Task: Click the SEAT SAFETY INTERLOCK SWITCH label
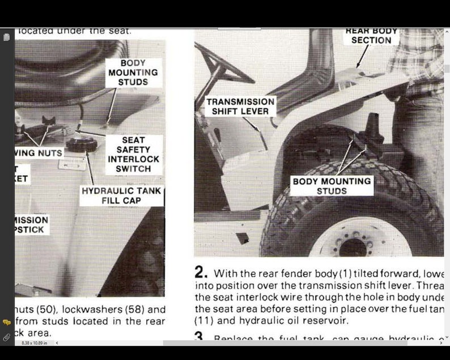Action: [133, 154]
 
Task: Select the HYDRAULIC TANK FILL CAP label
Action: [121, 196]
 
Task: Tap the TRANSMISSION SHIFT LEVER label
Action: [240, 106]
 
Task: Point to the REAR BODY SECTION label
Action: [371, 36]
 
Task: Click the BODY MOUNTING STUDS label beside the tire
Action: [332, 186]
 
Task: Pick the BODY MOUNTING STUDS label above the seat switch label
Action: [133, 73]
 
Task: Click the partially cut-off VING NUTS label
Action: [38, 153]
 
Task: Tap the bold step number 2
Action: [201, 273]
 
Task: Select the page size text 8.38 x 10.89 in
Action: [35, 343]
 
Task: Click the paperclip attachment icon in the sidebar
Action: [7, 337]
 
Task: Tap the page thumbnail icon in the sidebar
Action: [7, 37]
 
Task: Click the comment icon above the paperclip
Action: [7, 322]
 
